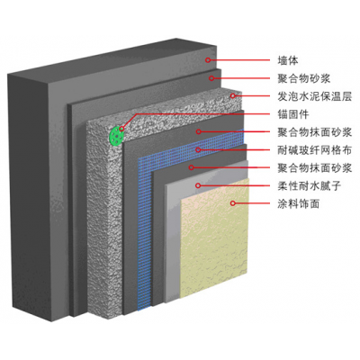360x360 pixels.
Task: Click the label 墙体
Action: (288, 60)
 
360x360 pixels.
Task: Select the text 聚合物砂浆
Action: (304, 78)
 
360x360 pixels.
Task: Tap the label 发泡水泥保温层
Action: (314, 96)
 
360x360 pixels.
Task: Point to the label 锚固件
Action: (293, 114)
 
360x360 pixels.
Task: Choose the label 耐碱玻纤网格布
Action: (314, 150)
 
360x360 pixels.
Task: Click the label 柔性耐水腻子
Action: (310, 186)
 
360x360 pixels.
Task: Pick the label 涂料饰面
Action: (299, 204)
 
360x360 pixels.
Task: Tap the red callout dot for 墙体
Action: (208, 60)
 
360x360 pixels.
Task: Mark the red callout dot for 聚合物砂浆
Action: (211, 78)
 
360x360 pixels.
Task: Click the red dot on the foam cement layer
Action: (232, 96)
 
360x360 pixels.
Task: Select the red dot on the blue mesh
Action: (198, 149)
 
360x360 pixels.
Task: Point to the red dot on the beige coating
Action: (232, 203)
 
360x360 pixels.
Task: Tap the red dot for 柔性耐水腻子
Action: (198, 185)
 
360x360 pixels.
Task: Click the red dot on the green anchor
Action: (121, 129)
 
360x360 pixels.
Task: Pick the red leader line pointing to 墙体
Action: (239, 60)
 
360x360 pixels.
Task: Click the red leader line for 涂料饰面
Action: (252, 203)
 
